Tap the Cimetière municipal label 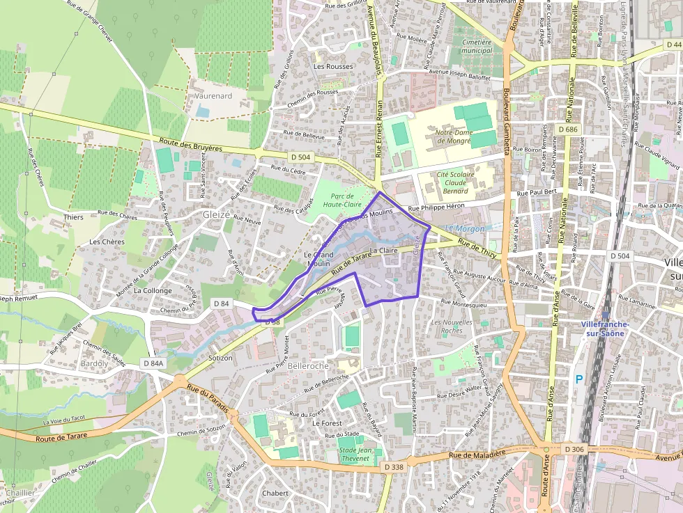(477, 46)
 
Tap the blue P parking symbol (578, 379)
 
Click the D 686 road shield (569, 129)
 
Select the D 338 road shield (394, 467)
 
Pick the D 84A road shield (153, 363)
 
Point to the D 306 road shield (574, 450)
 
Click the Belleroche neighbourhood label (308, 365)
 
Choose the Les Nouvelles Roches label (452, 326)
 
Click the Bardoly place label (95, 363)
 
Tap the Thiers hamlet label (73, 217)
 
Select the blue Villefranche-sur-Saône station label (605, 329)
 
